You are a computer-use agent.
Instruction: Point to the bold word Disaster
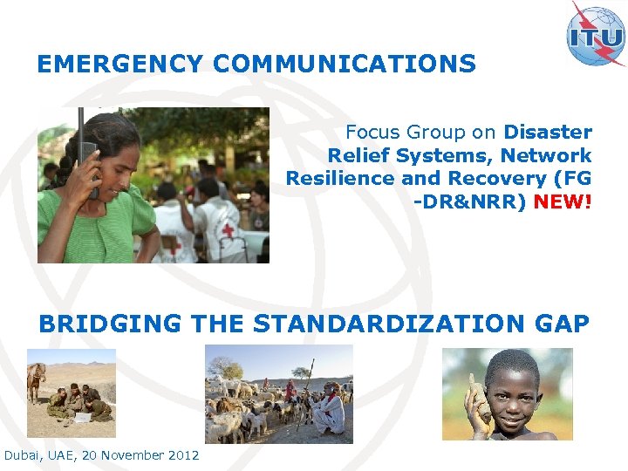[x=548, y=133]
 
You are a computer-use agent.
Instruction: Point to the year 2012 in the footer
[x=181, y=455]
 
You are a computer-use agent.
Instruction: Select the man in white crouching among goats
[x=330, y=410]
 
